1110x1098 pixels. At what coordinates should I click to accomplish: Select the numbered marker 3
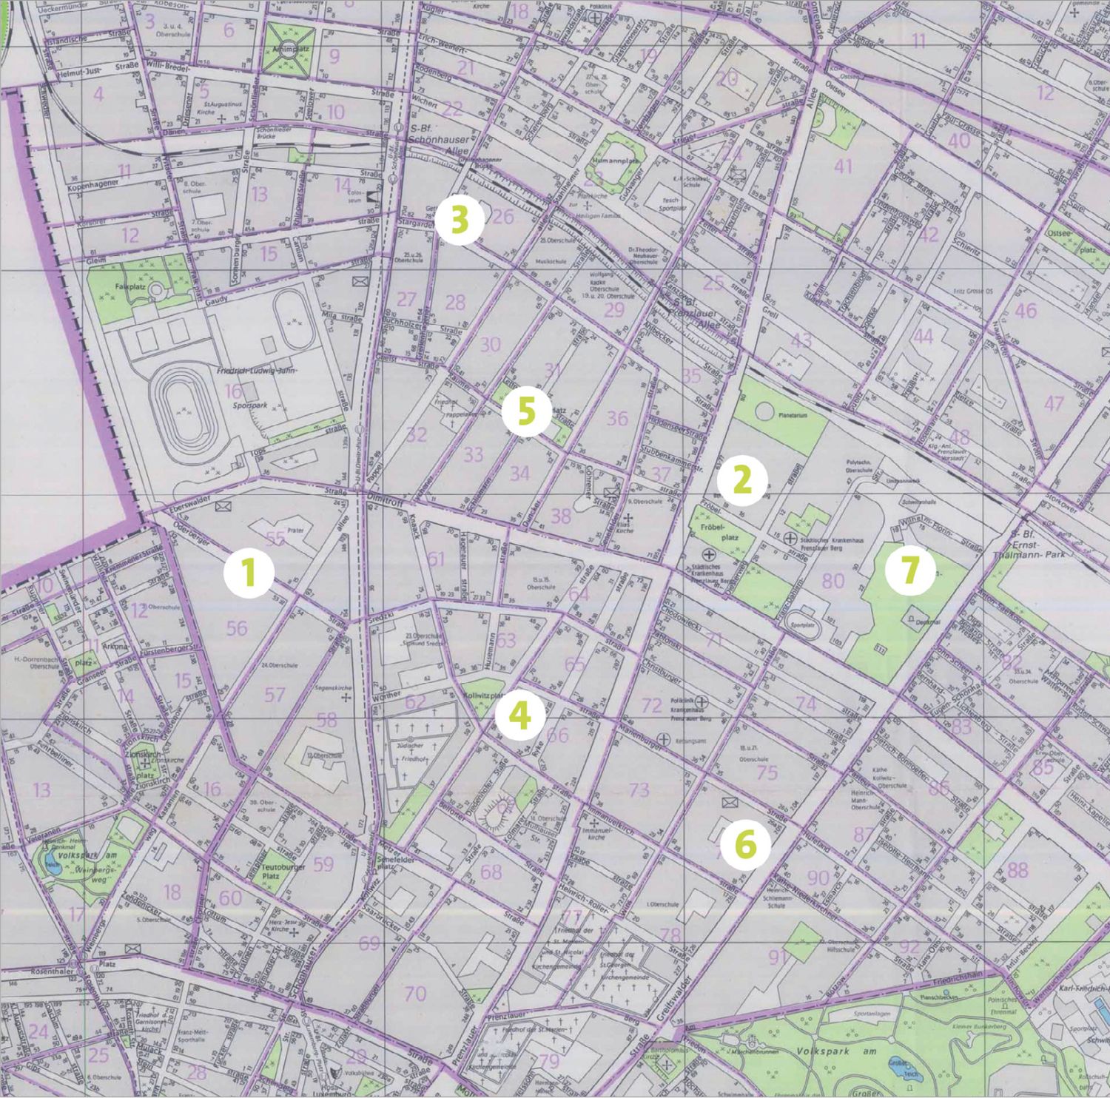tap(459, 220)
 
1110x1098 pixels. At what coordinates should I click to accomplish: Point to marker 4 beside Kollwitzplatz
tap(521, 715)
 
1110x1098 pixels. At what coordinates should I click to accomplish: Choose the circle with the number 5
tap(525, 411)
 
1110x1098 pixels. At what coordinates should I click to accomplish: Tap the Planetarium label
tap(791, 415)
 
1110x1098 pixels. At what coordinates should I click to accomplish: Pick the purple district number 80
tap(833, 580)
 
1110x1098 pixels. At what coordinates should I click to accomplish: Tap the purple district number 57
tap(275, 694)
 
